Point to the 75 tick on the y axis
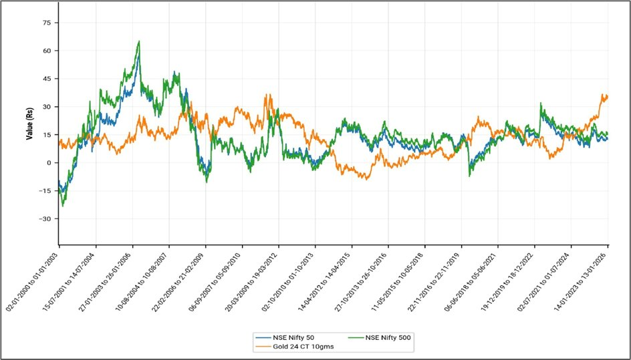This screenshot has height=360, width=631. [x=47, y=22]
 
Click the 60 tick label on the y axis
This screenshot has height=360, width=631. [x=47, y=50]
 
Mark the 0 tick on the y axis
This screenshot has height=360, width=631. [x=49, y=162]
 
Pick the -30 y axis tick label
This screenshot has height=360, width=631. [x=45, y=218]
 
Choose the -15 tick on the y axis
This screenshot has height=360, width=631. [x=45, y=190]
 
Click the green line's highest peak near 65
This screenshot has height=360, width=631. [x=138, y=41]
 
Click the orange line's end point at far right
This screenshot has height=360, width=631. [x=607, y=96]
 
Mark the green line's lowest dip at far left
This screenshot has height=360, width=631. [x=63, y=206]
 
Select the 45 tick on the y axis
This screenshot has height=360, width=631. [x=47, y=78]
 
